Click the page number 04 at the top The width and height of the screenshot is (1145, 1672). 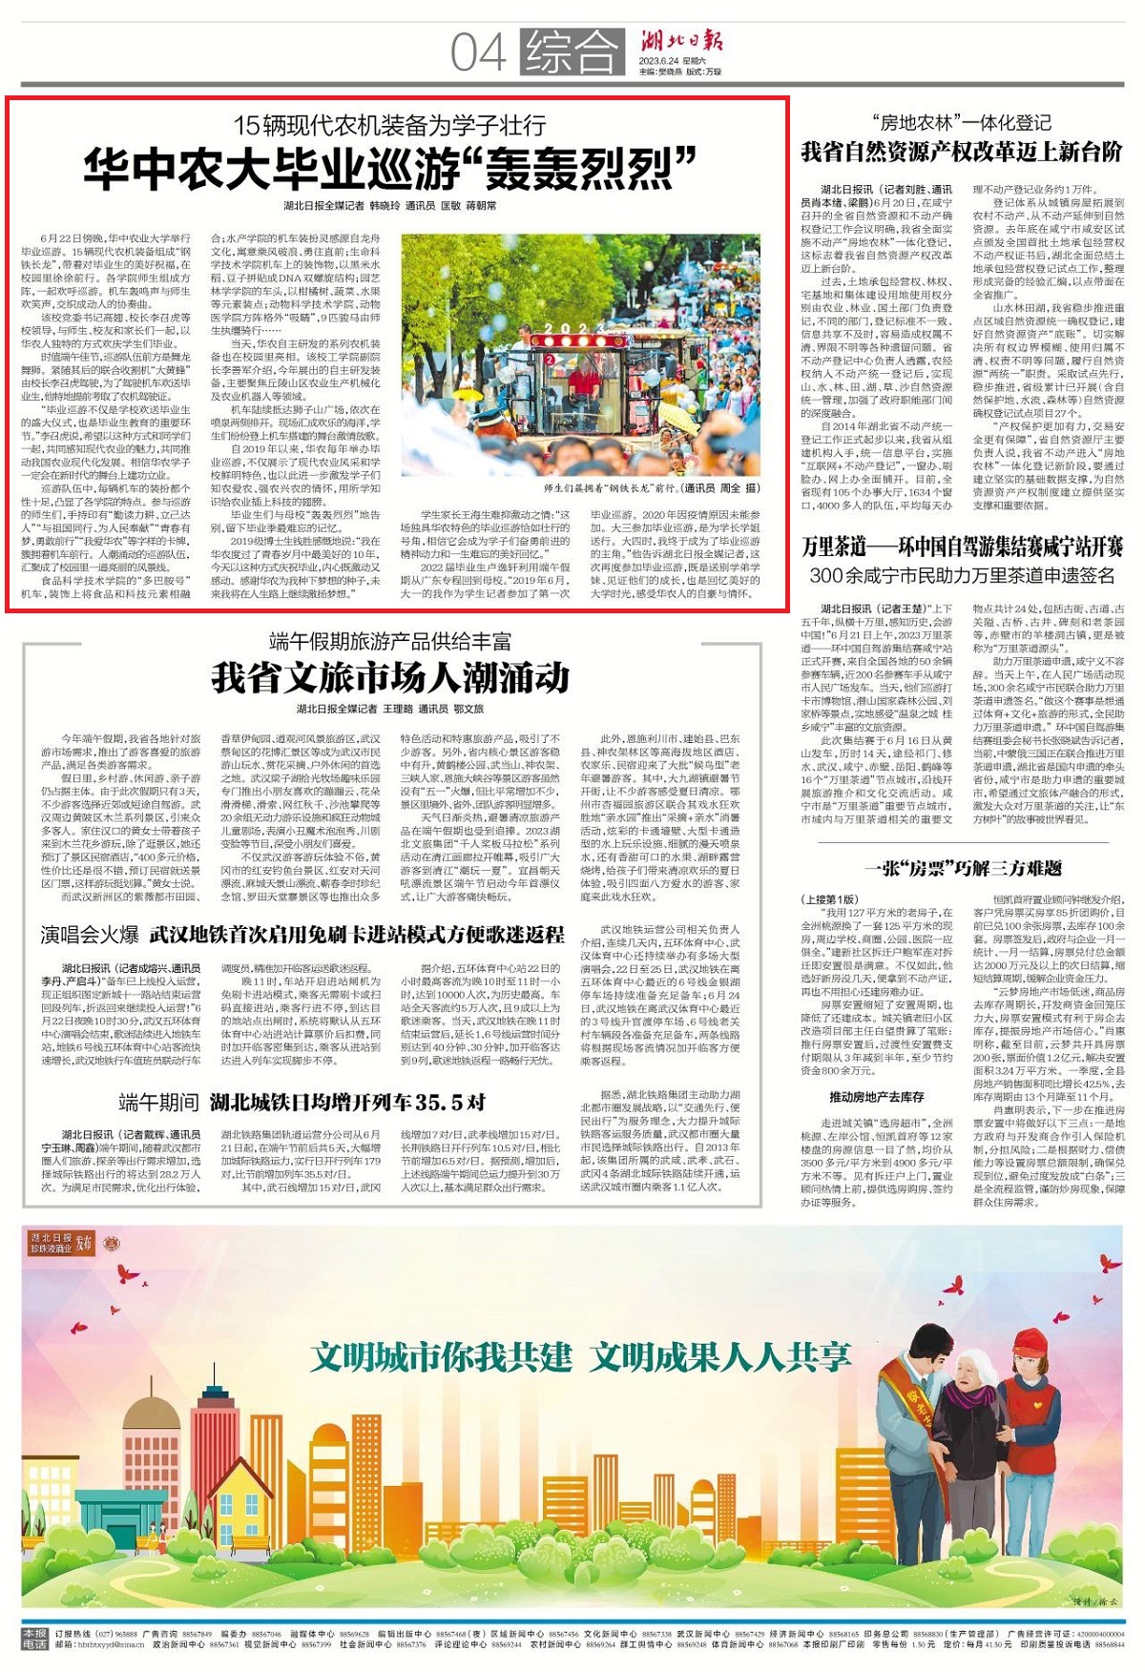click(478, 52)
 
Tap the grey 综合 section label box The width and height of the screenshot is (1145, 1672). click(571, 52)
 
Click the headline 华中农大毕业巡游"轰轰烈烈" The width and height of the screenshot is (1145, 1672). click(390, 168)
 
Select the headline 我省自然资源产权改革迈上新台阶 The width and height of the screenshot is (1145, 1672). click(962, 152)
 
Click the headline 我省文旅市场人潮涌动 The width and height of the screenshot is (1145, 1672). click(390, 678)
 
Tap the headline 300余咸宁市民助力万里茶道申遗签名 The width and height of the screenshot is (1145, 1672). click(962, 575)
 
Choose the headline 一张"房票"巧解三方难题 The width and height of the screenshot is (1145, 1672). click(962, 868)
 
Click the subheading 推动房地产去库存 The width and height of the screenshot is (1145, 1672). click(876, 1097)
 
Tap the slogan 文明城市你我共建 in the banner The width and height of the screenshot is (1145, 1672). click(441, 1356)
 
